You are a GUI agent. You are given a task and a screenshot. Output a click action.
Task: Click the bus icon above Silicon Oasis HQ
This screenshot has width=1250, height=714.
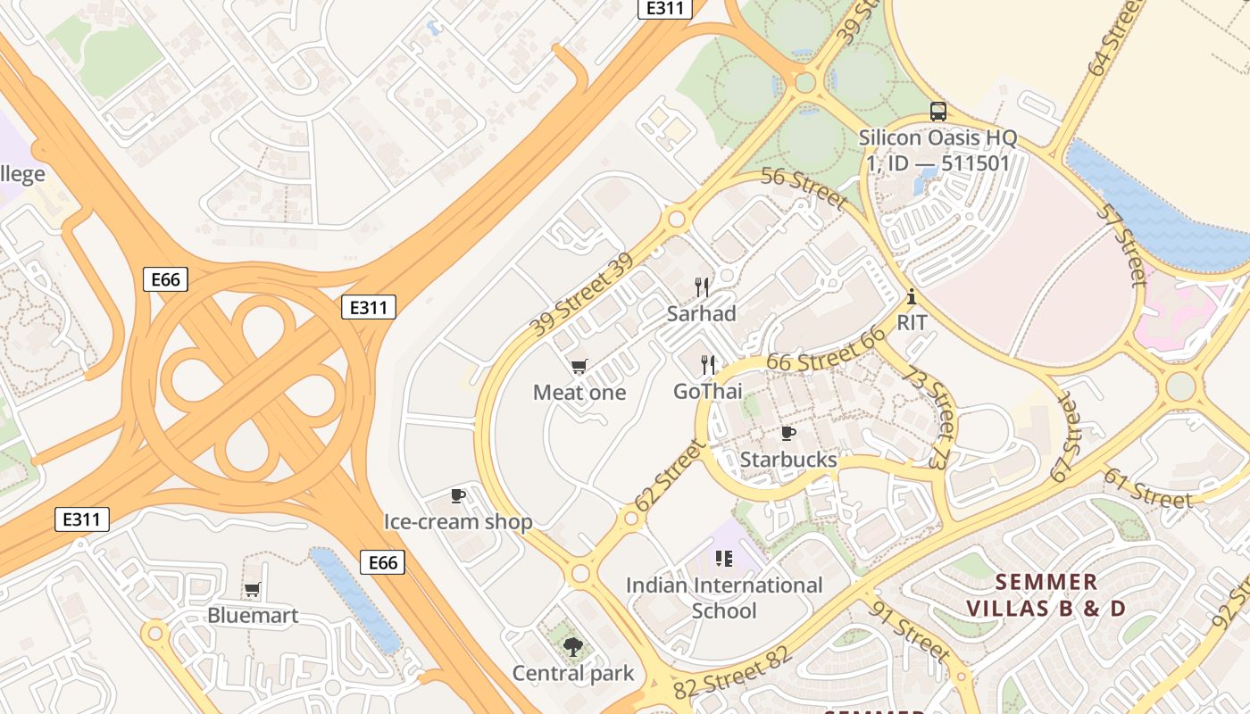pos(938,112)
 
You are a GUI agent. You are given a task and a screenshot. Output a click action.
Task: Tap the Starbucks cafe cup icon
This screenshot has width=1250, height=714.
pos(788,434)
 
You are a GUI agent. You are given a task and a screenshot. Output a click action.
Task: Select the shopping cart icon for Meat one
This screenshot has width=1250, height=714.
pos(579,367)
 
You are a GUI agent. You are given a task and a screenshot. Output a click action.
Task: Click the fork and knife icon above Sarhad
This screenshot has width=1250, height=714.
pos(703,287)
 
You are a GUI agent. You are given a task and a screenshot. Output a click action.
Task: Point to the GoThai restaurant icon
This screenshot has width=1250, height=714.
pos(709,365)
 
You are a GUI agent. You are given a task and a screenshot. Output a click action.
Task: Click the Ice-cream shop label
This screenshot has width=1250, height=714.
pos(458,521)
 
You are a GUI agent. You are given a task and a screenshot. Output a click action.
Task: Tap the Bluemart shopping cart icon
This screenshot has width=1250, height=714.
pos(252,590)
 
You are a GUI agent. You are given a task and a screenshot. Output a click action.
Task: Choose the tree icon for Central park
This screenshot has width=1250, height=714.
pos(572,647)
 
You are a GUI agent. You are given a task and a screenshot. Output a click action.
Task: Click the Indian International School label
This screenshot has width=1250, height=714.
pos(724,598)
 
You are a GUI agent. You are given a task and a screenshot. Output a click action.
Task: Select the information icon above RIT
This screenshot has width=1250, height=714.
pos(912,297)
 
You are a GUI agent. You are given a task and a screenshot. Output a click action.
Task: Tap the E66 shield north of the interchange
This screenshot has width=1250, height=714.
pos(165,279)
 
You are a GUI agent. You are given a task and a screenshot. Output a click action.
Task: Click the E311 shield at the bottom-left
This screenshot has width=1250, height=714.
pos(82,519)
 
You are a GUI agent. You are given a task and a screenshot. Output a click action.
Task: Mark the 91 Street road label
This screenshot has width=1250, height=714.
pos(909,631)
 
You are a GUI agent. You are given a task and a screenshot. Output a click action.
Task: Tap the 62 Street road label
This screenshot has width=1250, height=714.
pos(670,476)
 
